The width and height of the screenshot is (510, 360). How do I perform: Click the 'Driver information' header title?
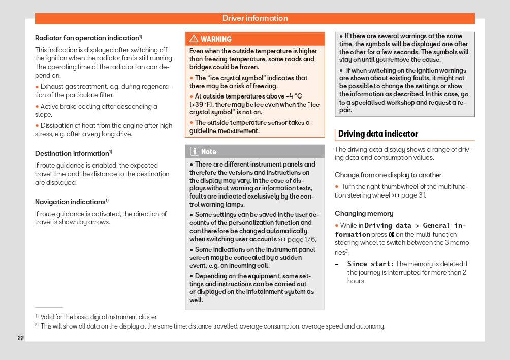point(255,18)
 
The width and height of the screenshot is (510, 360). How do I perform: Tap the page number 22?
point(21,338)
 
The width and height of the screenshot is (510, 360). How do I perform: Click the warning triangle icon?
point(194,39)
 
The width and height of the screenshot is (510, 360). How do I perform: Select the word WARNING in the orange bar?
point(216,39)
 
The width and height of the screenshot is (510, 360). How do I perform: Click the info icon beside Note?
point(195,151)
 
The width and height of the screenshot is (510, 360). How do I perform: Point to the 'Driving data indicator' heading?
point(378,134)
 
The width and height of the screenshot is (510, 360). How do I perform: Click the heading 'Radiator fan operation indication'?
point(87,38)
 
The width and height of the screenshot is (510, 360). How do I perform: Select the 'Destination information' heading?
point(72,153)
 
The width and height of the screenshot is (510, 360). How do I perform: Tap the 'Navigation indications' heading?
point(70,202)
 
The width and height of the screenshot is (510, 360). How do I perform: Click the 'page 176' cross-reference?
point(302,239)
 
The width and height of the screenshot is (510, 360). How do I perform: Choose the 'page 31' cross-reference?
point(413,195)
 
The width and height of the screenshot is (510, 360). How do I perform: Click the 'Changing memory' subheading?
point(364,214)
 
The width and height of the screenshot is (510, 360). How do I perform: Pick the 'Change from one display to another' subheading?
point(388,175)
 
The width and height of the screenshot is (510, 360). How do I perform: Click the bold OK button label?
point(392,235)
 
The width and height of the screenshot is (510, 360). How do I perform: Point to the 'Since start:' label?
point(370,264)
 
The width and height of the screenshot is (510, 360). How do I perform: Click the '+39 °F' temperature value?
point(202,105)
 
